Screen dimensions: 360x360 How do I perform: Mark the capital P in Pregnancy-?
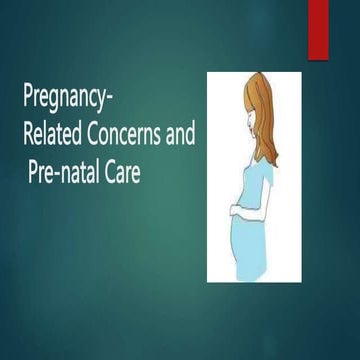[27, 99]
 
